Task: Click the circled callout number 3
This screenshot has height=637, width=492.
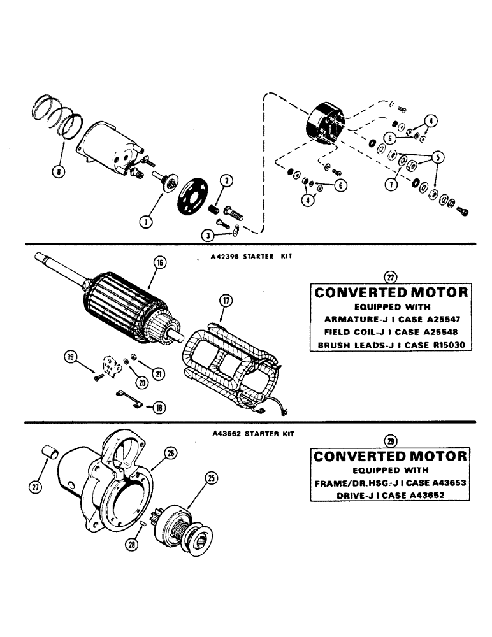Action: point(208,234)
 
